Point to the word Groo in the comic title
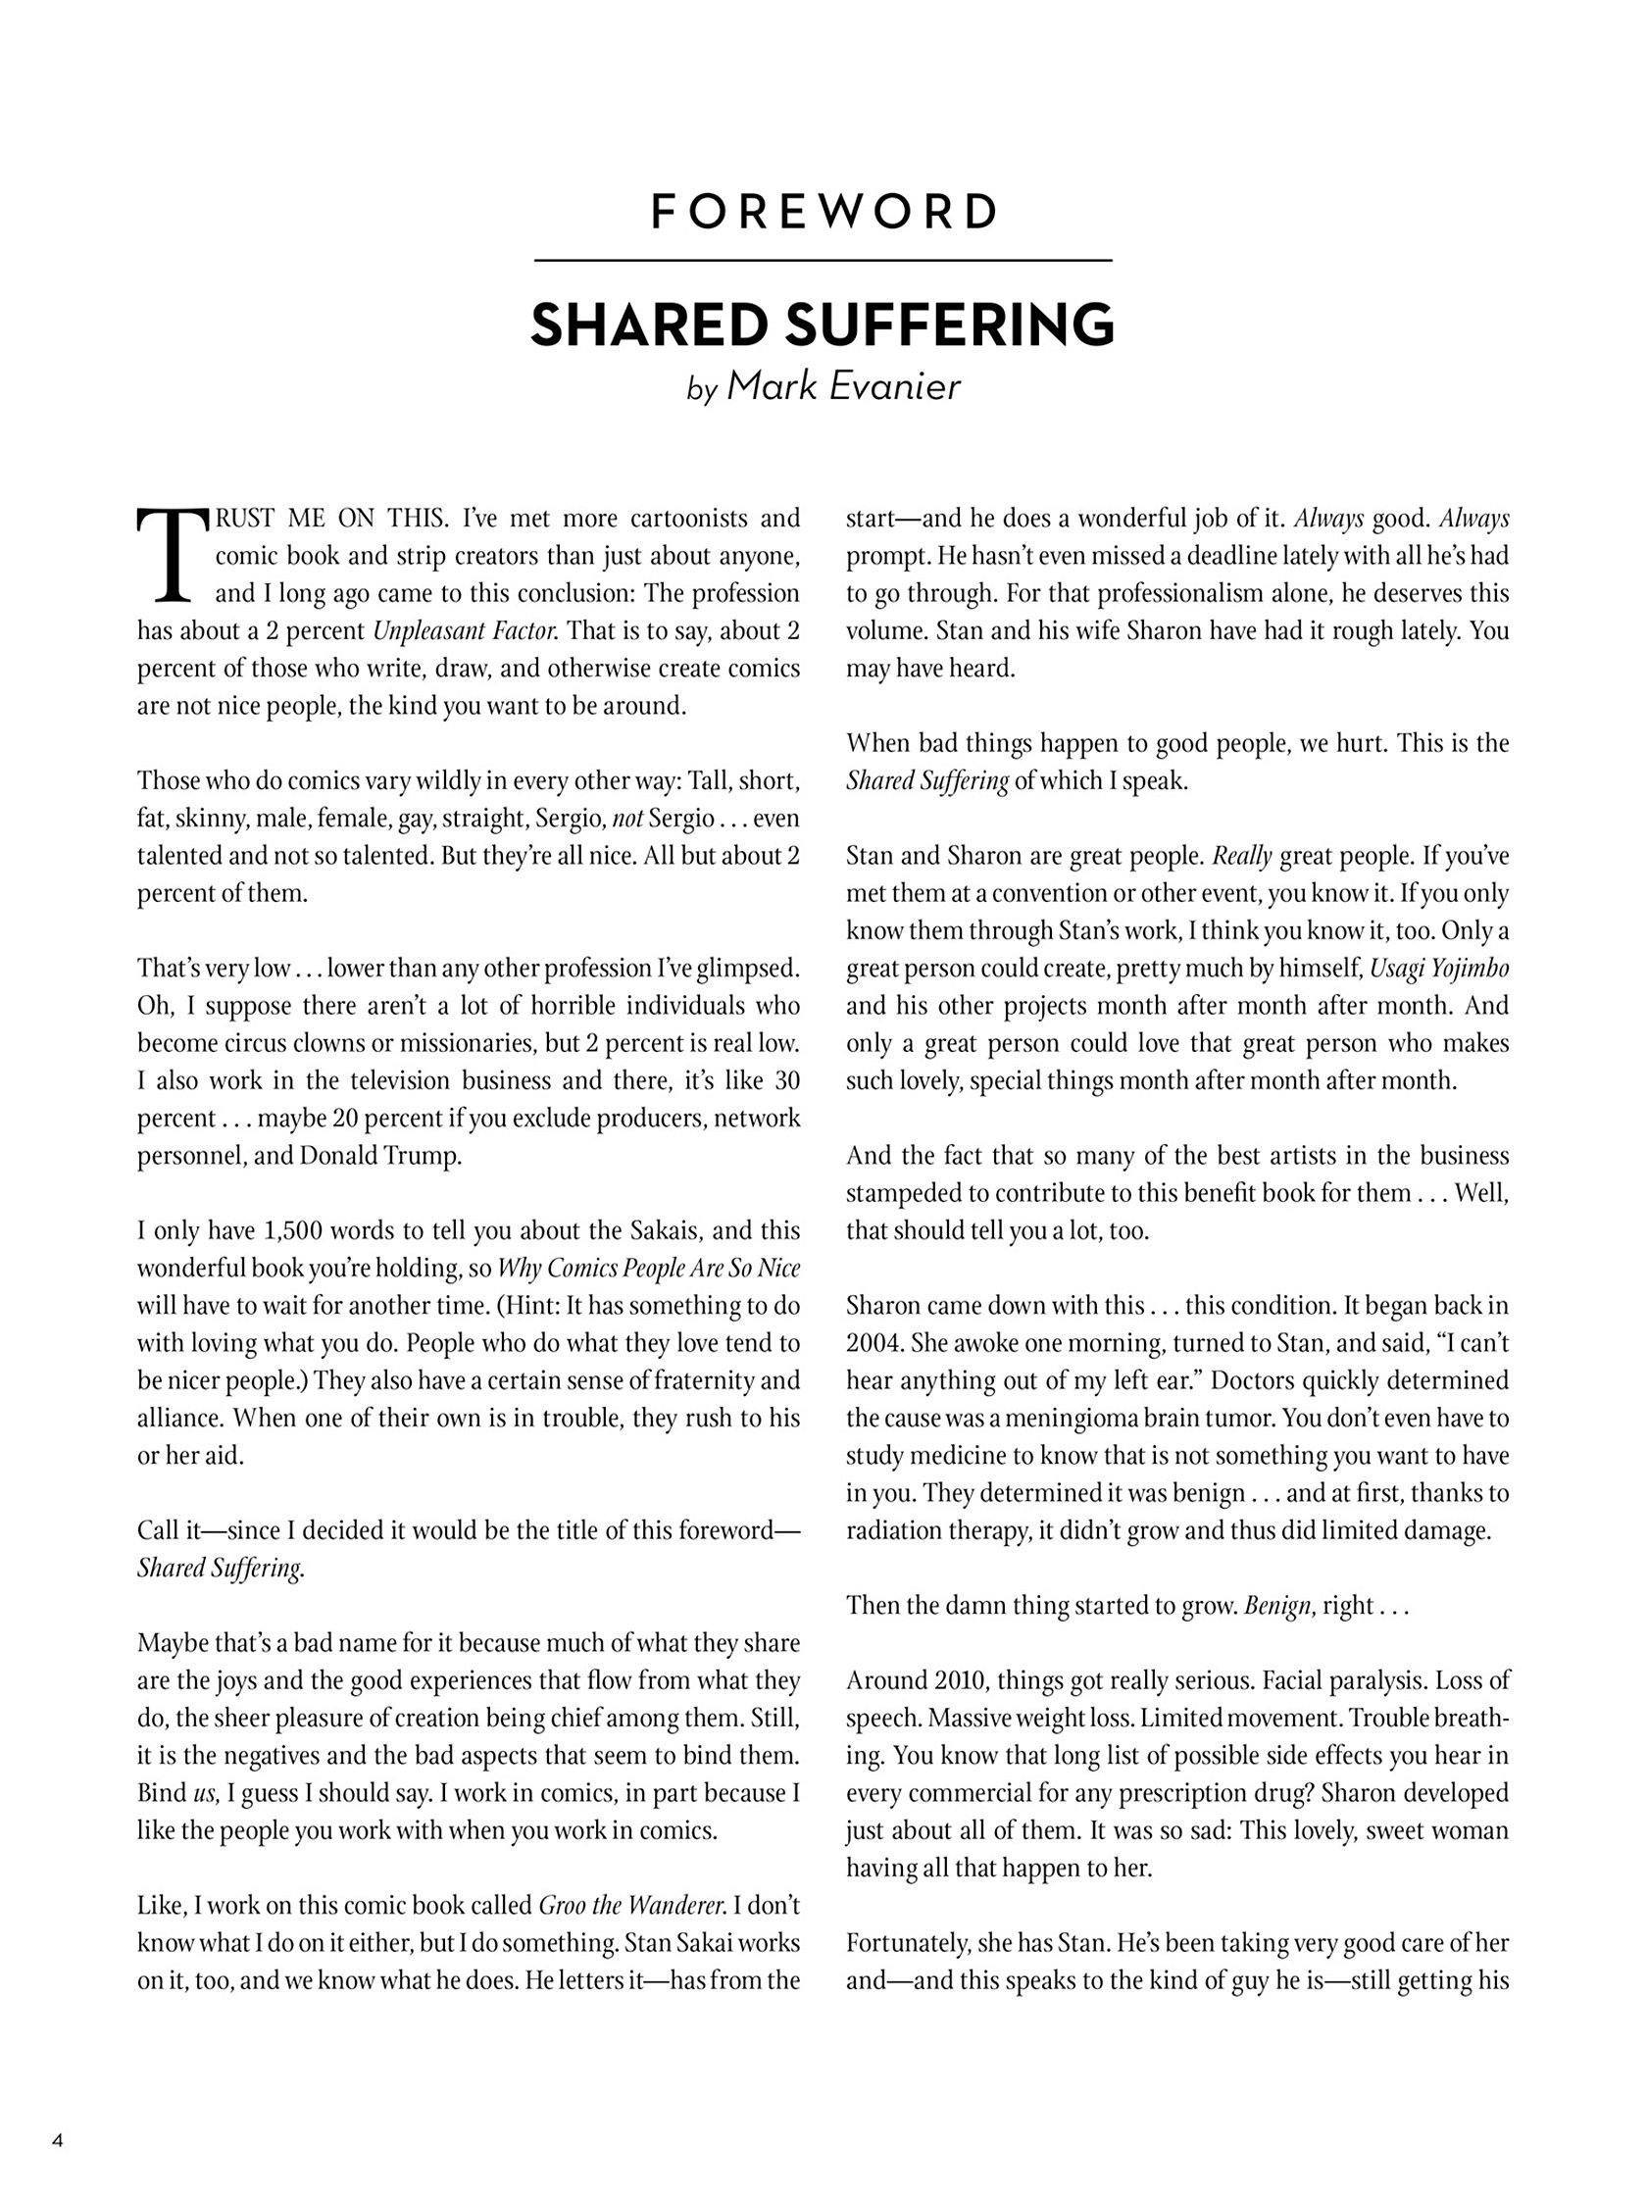click(x=561, y=1905)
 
